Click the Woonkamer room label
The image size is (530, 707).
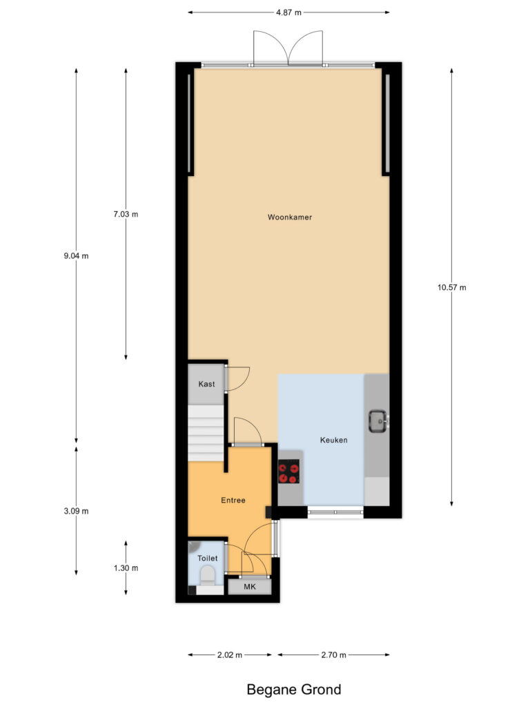(x=290, y=217)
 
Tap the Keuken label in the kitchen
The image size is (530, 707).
(x=333, y=440)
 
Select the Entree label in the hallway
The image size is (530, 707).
(x=233, y=500)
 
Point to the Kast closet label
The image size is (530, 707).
(x=206, y=384)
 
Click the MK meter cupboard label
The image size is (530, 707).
(x=248, y=587)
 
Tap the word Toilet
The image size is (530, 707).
(x=207, y=558)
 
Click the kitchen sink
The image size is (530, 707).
(x=377, y=421)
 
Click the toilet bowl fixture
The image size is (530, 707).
(x=207, y=574)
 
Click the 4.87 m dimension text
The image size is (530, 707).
(x=288, y=12)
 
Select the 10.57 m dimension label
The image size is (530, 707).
(x=452, y=287)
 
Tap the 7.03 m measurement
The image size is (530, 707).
(x=126, y=214)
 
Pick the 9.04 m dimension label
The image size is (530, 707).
(x=76, y=255)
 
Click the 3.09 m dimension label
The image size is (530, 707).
(x=76, y=512)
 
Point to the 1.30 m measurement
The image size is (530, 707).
(x=126, y=568)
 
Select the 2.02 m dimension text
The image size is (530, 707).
(x=229, y=655)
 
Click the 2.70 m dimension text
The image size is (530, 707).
(x=333, y=655)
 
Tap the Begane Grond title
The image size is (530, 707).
(x=294, y=689)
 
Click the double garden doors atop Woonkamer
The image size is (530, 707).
(x=288, y=48)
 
